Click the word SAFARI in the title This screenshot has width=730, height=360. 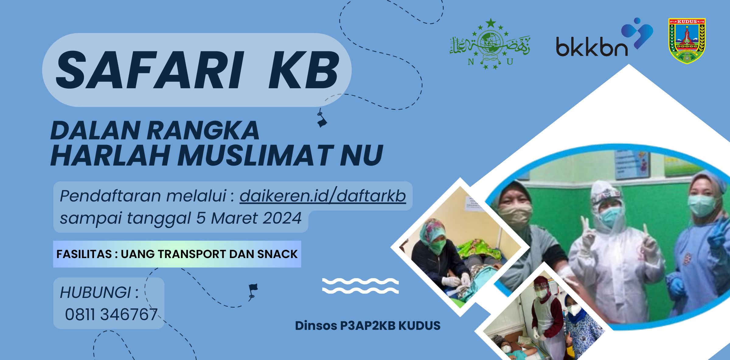(150, 70)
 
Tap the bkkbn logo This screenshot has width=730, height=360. (604, 38)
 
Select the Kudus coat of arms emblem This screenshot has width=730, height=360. (687, 41)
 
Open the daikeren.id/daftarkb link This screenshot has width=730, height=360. (323, 196)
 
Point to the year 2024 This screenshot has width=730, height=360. (282, 218)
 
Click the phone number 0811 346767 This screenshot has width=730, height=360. (111, 314)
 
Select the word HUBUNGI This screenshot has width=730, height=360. (96, 292)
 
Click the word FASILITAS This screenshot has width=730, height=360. (84, 254)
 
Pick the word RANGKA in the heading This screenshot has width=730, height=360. (203, 130)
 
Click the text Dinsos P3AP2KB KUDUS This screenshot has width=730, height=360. (368, 326)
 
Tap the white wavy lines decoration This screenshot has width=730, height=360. (360, 286)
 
